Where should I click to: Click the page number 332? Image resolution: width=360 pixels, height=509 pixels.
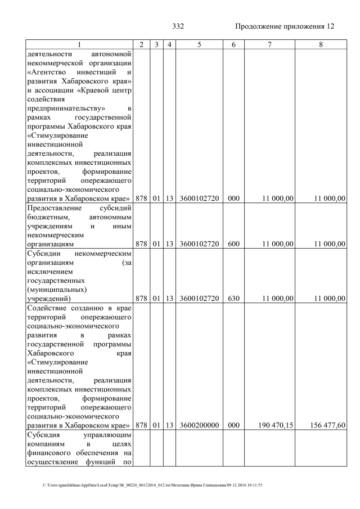[178, 27]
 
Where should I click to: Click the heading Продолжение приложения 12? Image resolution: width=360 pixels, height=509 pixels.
[285, 27]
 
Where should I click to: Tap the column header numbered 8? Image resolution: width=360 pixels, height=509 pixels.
[321, 44]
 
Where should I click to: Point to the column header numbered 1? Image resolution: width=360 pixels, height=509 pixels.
[79, 44]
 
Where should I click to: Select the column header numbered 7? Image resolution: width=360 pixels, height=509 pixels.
[269, 44]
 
